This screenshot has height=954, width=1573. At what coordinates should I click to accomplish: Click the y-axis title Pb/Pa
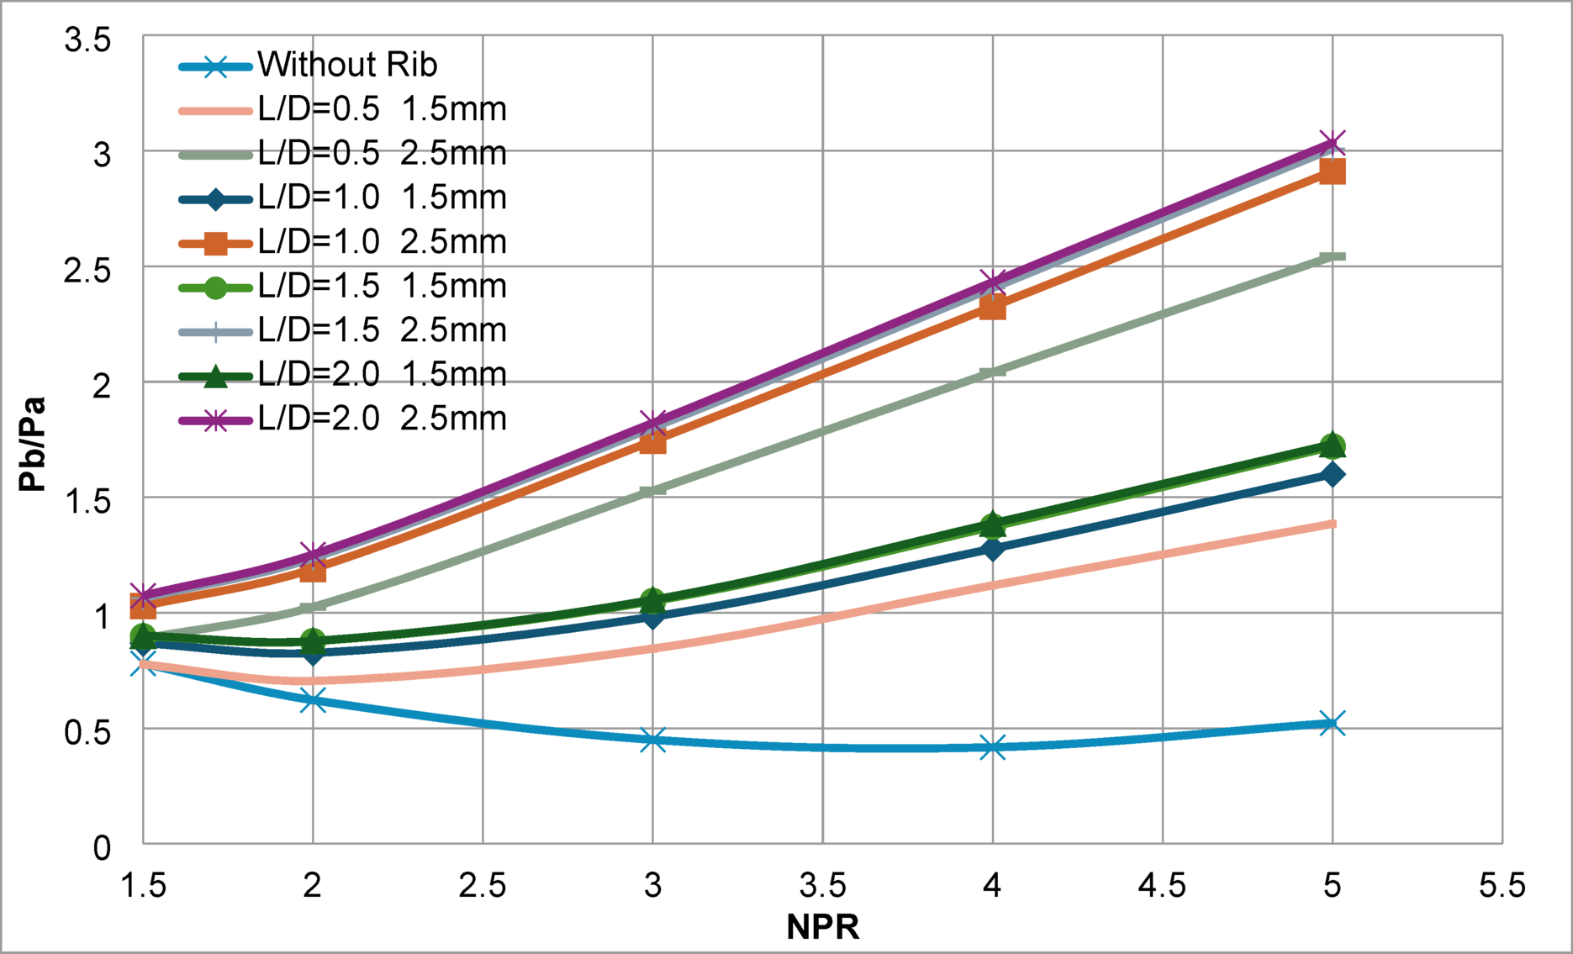[x=33, y=444]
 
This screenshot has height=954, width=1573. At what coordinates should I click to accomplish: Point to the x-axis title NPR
[x=822, y=927]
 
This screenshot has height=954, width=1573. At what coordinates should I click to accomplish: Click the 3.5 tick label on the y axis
[x=87, y=40]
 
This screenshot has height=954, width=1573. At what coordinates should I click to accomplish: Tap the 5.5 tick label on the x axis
[x=1502, y=885]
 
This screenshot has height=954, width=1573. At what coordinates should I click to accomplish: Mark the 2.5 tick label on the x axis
[x=483, y=885]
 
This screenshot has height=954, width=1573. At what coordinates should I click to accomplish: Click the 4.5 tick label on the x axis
[x=1162, y=885]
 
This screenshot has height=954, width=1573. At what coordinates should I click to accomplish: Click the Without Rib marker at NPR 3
[x=653, y=741]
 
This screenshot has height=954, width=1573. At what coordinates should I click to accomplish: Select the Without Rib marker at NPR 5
[x=1332, y=723]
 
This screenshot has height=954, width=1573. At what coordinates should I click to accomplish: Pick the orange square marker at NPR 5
[x=1332, y=172]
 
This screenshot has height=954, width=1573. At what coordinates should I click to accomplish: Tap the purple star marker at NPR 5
[x=1332, y=142]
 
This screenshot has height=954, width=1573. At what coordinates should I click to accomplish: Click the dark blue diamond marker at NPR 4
[x=993, y=549]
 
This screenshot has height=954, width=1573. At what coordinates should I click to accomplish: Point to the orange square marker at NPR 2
[x=313, y=572]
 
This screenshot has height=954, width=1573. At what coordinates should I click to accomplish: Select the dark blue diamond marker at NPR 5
[x=1332, y=474]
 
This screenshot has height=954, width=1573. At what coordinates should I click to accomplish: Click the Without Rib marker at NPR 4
[x=993, y=747]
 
